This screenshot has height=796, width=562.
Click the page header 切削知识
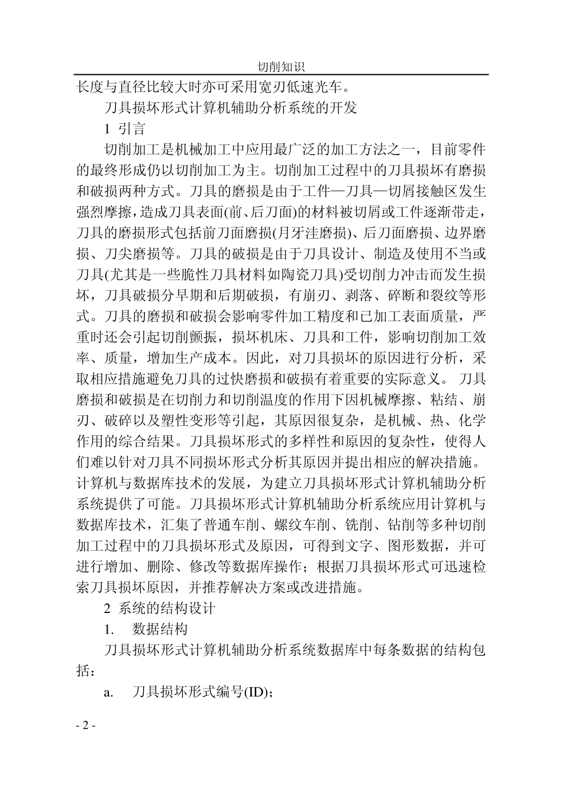(x=281, y=67)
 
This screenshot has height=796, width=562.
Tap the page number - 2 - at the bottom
(x=86, y=726)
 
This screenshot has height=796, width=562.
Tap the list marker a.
(x=108, y=692)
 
